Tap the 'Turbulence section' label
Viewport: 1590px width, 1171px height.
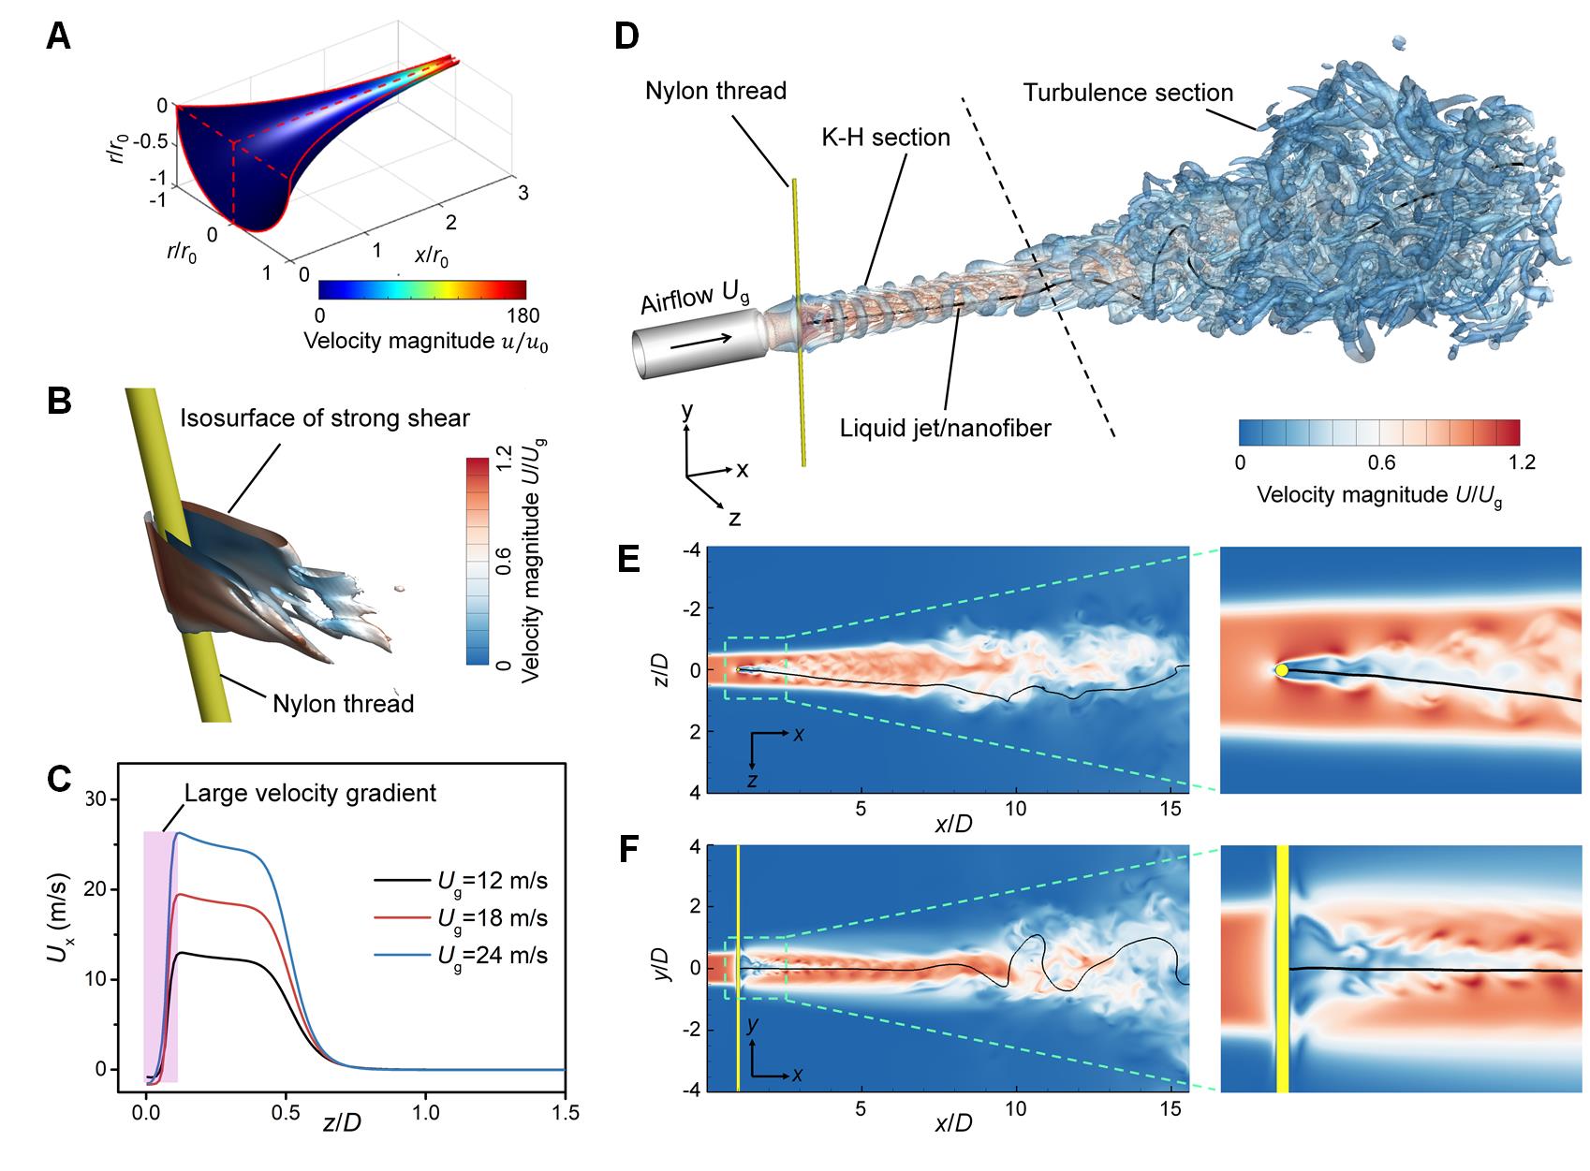point(1127,93)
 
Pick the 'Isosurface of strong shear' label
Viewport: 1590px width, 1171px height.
point(325,417)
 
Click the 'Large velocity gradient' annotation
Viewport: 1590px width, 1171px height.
point(310,794)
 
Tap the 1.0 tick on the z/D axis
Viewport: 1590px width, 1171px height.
point(425,1113)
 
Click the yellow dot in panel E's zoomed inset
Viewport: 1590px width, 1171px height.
point(1281,670)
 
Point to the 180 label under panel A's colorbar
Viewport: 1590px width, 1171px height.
point(522,315)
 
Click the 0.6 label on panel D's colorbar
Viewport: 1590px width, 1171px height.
point(1381,462)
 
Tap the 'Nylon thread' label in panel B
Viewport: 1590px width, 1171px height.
point(344,703)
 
